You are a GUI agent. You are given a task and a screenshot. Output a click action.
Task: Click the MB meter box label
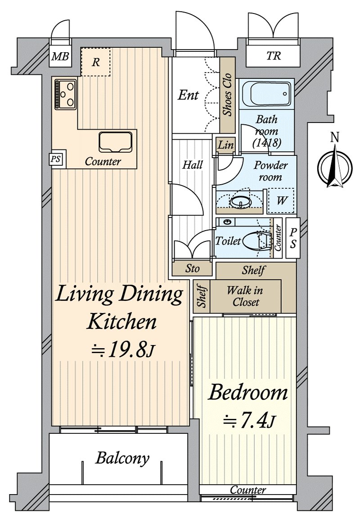coord(60,56)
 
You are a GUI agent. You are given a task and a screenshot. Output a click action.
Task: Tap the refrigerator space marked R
coord(95,62)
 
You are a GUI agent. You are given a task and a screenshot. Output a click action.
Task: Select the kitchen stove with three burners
coord(66,95)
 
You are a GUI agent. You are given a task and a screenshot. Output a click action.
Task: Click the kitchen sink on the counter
coord(116,142)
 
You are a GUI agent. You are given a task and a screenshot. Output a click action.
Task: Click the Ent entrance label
coord(189,95)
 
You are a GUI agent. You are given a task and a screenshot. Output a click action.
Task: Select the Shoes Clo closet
coord(227,95)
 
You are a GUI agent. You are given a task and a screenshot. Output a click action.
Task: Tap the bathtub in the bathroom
coord(266,94)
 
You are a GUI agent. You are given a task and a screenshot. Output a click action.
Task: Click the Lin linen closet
coord(226,145)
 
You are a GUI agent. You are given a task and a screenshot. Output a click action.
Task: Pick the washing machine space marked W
coord(281,200)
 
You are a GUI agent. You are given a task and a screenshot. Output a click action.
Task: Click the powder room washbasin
coord(241,201)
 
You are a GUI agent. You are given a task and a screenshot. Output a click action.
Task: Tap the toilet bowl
coord(257,240)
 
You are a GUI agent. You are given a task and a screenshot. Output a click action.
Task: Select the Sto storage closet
coord(192,268)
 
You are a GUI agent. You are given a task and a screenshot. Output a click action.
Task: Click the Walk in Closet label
coord(245,296)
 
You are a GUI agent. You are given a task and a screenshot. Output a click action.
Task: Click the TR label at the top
coord(274,56)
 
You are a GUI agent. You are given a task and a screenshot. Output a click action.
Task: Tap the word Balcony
coord(122,458)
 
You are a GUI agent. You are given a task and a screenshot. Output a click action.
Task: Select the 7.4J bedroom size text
coord(248,421)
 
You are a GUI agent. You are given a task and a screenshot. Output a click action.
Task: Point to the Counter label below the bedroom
coord(248,490)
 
